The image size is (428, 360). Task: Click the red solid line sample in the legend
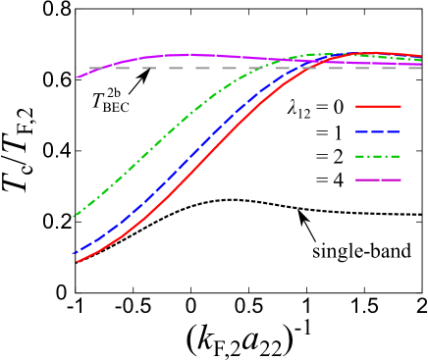[378, 106]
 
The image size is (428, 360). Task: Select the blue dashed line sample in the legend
[378, 131]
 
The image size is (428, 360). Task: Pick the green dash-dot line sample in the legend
[378, 156]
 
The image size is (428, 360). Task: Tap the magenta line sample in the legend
[378, 180]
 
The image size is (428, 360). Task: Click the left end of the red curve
[77, 262]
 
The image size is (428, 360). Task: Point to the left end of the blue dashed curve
[74, 254]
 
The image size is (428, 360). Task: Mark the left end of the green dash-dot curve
[74, 217]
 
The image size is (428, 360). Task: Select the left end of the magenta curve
[77, 77]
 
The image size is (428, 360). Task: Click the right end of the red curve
[422, 56]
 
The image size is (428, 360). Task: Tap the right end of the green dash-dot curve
[422, 60]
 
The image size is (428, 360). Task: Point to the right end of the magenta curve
[422, 65]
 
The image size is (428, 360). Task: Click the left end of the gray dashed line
[77, 68]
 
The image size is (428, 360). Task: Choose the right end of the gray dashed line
[422, 68]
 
